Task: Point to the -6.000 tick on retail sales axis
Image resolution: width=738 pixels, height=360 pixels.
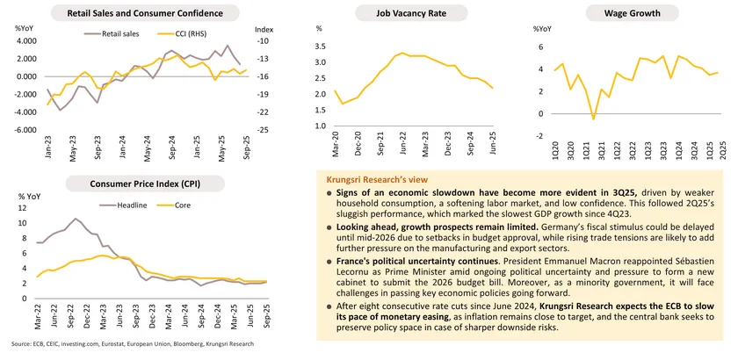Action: pos(25,130)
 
